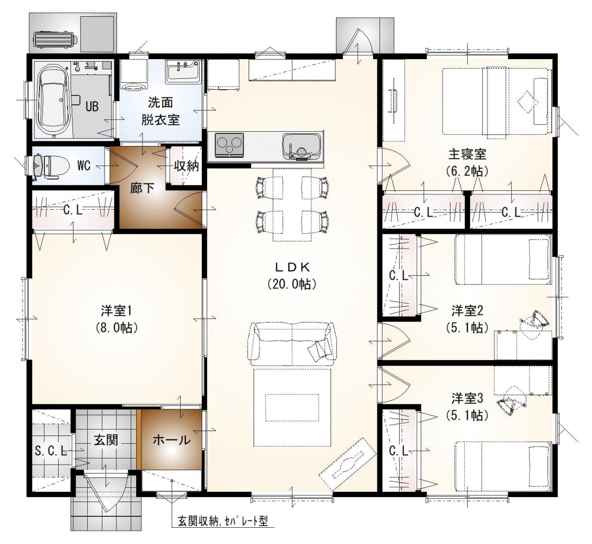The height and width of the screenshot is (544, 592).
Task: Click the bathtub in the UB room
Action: click(52, 100)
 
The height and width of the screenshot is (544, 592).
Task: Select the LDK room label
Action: click(292, 267)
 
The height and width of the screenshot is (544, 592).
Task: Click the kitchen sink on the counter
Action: click(301, 146)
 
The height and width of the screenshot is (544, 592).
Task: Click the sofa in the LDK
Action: click(292, 341)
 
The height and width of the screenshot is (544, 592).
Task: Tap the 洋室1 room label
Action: click(116, 311)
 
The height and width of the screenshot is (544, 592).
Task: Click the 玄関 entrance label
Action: click(106, 440)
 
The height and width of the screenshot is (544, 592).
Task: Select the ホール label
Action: click(172, 440)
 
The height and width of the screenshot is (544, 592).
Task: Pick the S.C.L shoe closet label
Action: click(51, 451)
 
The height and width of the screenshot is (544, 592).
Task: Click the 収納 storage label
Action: click(186, 166)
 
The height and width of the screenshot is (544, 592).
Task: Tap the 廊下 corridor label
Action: click(142, 188)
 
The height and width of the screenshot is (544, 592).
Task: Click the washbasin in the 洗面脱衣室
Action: click(184, 72)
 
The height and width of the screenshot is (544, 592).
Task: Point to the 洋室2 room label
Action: click(467, 311)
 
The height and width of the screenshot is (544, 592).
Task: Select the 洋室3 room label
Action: click(467, 399)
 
